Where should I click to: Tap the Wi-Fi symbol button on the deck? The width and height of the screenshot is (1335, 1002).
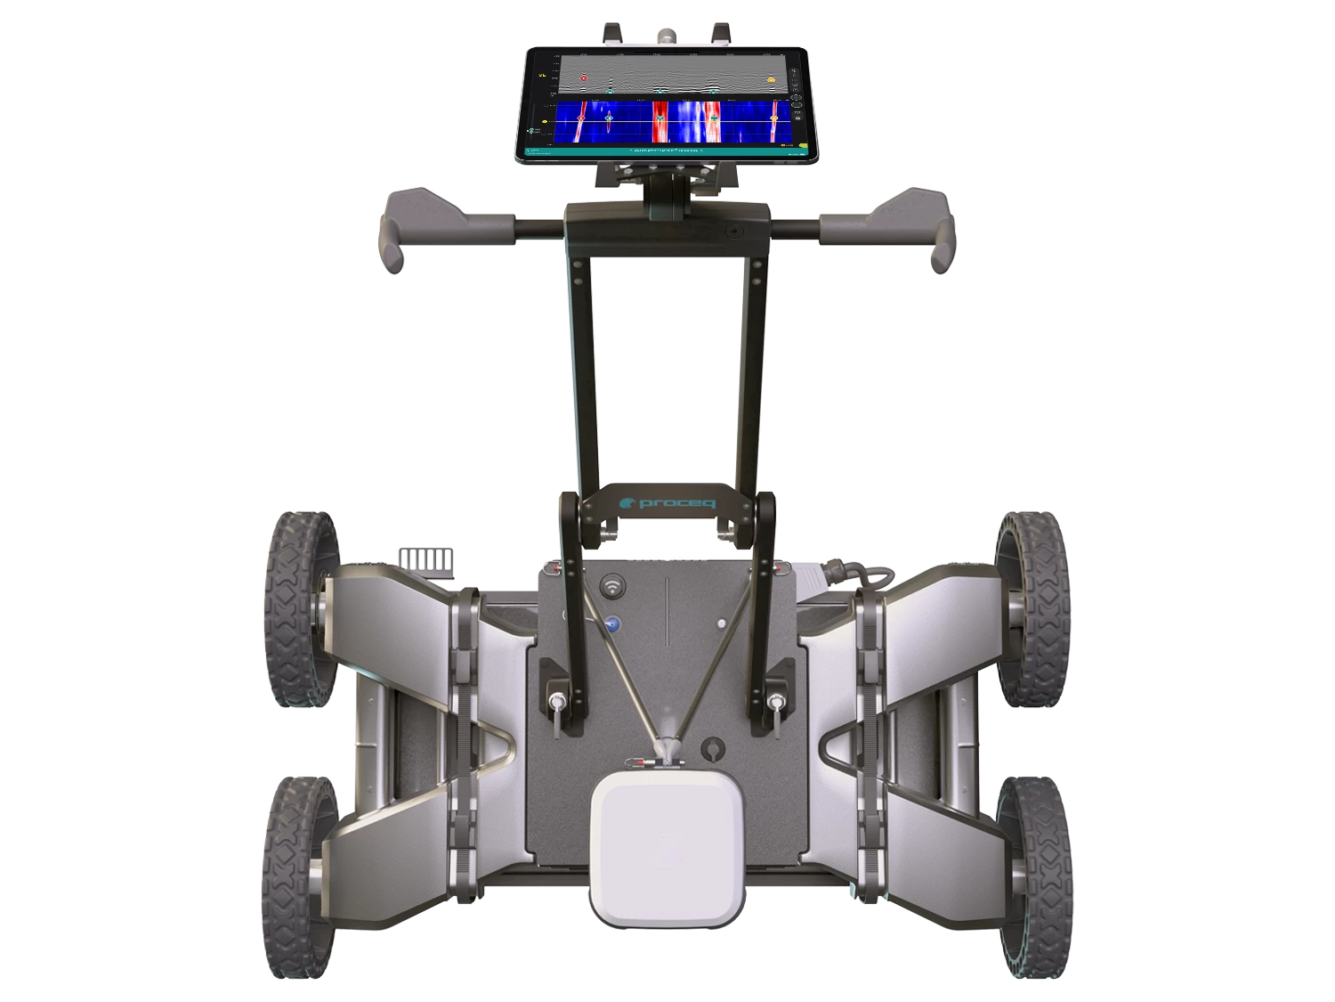tap(612, 587)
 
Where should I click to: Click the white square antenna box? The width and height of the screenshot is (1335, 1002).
tap(666, 847)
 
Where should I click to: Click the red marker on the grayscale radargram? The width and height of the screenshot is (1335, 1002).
tap(584, 78)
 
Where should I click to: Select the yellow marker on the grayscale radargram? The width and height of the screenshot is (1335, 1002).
tap(771, 78)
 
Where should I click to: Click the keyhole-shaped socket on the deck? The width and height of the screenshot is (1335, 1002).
tap(710, 749)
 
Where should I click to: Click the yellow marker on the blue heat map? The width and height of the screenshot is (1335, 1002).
tap(773, 118)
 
